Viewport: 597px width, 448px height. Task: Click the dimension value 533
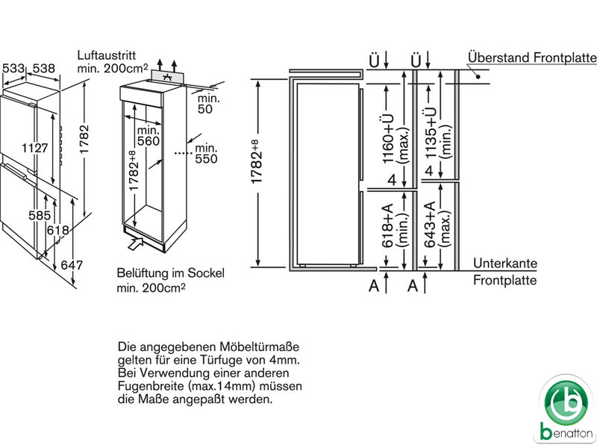(x=13, y=69)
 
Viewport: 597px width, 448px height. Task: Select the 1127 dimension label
(x=35, y=148)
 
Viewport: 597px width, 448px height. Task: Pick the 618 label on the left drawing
(x=58, y=231)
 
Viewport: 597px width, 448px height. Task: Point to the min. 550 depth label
(x=205, y=152)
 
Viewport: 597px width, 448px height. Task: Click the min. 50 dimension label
(x=205, y=102)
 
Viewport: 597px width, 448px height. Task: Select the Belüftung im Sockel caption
(x=170, y=273)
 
